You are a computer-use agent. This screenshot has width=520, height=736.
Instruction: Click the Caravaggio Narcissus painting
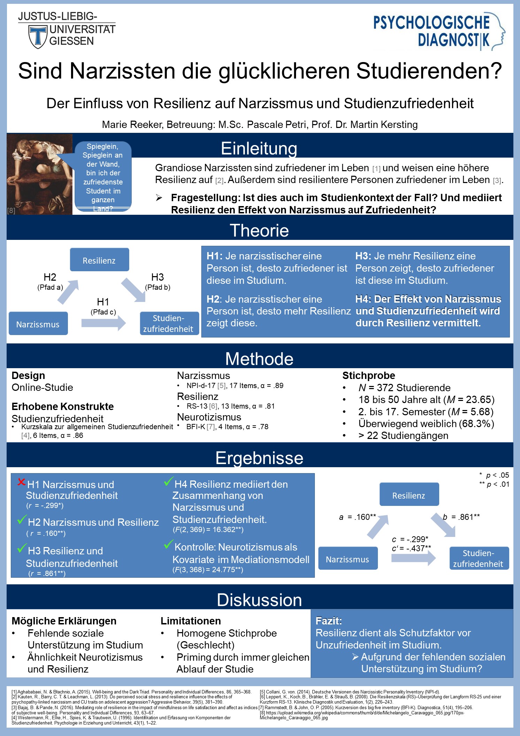click(39, 174)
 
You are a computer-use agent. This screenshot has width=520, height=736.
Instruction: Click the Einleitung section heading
click(259, 148)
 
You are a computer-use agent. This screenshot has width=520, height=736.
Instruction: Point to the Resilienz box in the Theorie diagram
click(99, 260)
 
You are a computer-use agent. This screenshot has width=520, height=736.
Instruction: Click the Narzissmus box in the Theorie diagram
click(38, 324)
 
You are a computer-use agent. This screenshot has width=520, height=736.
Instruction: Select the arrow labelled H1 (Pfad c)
click(103, 323)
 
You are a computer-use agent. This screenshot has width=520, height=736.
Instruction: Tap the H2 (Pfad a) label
click(50, 282)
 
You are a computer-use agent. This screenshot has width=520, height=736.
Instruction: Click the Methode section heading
click(259, 359)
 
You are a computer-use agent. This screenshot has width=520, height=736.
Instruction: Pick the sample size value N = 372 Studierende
click(404, 388)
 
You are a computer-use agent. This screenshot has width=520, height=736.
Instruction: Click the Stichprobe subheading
click(368, 375)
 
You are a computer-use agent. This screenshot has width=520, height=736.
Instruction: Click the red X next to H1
click(22, 482)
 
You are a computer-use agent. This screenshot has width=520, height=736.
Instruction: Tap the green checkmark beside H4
click(169, 481)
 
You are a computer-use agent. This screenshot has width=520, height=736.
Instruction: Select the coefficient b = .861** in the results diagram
click(461, 517)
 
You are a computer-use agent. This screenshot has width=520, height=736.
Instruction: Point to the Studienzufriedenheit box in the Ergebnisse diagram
click(479, 558)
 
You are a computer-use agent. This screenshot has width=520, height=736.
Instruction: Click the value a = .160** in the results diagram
click(358, 517)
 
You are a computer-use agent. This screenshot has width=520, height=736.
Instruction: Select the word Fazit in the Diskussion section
click(328, 621)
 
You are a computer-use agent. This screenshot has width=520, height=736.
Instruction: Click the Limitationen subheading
click(191, 621)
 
